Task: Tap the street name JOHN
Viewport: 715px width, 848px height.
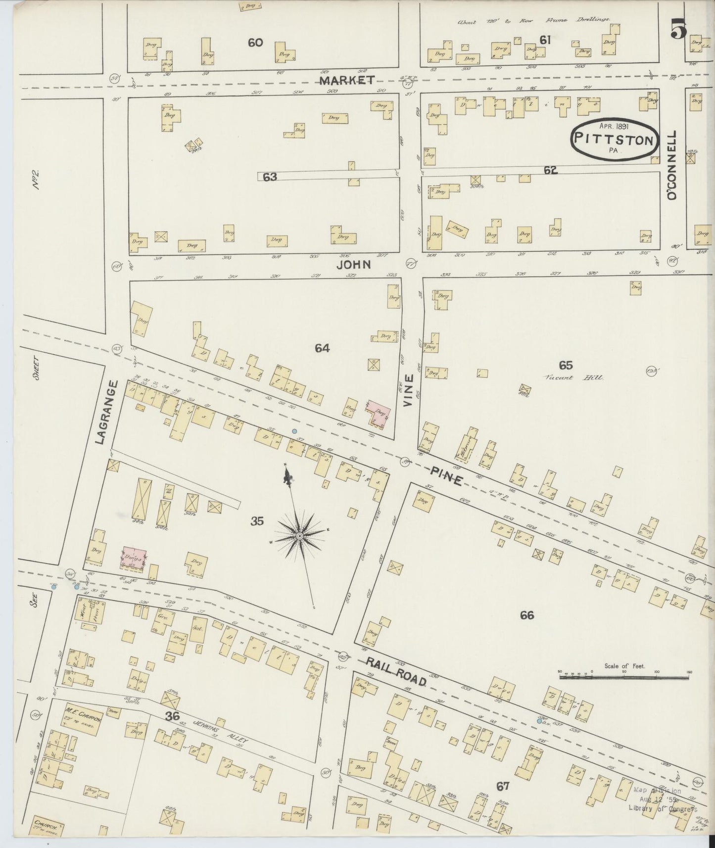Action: click(353, 265)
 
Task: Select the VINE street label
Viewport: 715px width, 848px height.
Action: click(408, 396)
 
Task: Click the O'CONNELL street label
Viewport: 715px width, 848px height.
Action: click(672, 166)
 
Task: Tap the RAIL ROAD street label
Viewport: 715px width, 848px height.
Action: click(396, 671)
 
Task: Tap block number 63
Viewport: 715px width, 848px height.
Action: click(270, 177)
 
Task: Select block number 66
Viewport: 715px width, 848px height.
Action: click(527, 615)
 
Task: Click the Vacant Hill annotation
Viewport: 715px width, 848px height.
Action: click(573, 377)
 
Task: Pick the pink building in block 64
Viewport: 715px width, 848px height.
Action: click(379, 412)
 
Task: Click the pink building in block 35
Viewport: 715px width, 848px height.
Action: click(134, 558)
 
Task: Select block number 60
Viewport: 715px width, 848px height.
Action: click(255, 43)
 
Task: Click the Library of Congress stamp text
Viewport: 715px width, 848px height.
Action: click(662, 808)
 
